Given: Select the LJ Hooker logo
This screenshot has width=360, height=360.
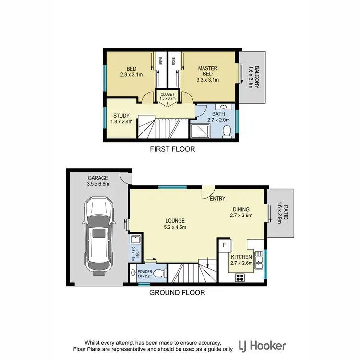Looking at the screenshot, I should [x=263, y=345].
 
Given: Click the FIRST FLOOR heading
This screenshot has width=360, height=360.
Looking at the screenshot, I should [x=173, y=149].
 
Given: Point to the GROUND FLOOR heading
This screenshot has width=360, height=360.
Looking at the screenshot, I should [x=177, y=292].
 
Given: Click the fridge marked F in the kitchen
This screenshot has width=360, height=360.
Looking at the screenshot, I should [x=224, y=245].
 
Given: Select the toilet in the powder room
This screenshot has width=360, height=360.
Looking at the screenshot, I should [x=162, y=274].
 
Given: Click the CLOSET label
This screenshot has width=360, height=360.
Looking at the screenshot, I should [x=168, y=94].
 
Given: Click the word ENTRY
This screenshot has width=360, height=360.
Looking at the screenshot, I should [x=217, y=199].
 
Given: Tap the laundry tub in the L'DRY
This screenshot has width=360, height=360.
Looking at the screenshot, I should [x=135, y=239].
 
